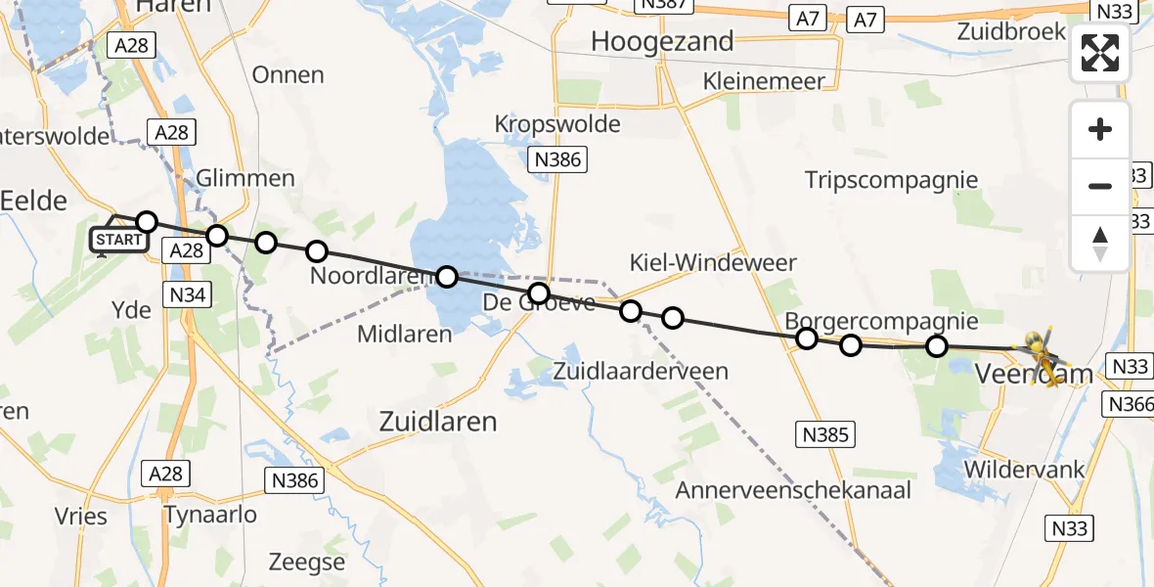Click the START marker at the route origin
click(118, 240)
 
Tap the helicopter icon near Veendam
click(1042, 353)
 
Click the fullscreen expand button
click(1100, 53)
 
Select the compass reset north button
click(1100, 243)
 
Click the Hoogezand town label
click(663, 41)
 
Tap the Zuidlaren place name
click(437, 422)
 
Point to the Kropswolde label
click(557, 124)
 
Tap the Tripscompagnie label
click(891, 180)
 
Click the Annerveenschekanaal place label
click(793, 490)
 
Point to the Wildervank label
click(1024, 469)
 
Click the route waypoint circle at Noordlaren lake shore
click(446, 277)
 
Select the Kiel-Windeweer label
click(713, 262)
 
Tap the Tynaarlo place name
click(210, 515)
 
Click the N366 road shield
click(1128, 403)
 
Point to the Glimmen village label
click(245, 178)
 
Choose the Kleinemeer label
click(765, 81)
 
